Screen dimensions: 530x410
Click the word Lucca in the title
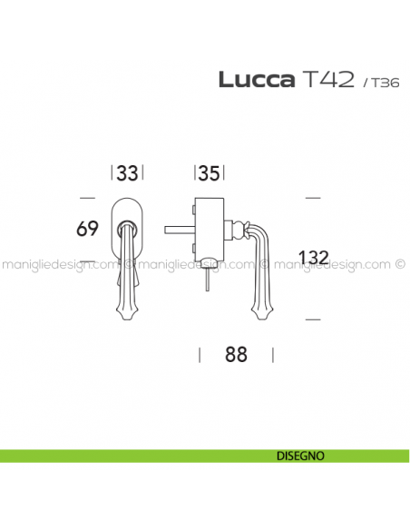click(257, 80)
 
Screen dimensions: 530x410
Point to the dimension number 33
click(128, 173)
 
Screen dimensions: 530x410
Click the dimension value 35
click(210, 173)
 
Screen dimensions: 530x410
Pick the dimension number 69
click(87, 229)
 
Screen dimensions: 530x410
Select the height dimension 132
click(312, 258)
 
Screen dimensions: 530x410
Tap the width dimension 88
click(236, 355)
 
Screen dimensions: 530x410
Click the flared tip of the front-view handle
click(126, 312)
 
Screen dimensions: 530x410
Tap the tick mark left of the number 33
click(112, 173)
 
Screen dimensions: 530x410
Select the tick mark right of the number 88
click(273, 355)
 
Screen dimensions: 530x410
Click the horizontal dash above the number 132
click(312, 196)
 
